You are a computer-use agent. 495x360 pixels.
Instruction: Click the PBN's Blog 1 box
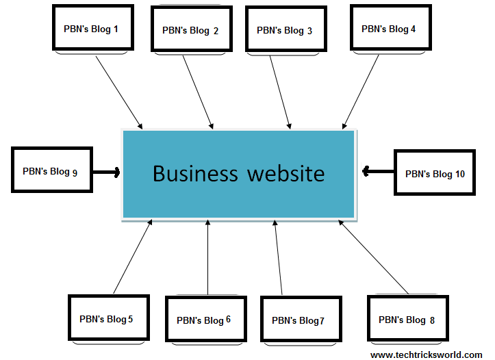tap(92, 29)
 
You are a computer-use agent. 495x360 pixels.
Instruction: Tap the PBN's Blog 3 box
tap(285, 30)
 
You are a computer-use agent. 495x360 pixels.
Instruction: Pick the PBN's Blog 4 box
tap(390, 29)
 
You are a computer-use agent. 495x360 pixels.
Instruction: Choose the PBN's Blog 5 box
tap(108, 318)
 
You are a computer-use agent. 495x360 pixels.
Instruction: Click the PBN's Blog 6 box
tap(205, 320)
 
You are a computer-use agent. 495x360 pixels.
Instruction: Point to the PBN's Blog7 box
tap(300, 320)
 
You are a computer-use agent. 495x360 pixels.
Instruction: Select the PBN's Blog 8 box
tap(407, 319)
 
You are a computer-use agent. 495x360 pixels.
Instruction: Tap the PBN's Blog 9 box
tap(51, 171)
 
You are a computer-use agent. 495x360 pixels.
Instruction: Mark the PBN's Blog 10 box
tap(435, 174)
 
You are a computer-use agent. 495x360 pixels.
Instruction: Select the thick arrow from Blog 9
tap(106, 171)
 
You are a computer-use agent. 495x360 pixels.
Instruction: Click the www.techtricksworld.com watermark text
tap(426, 355)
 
